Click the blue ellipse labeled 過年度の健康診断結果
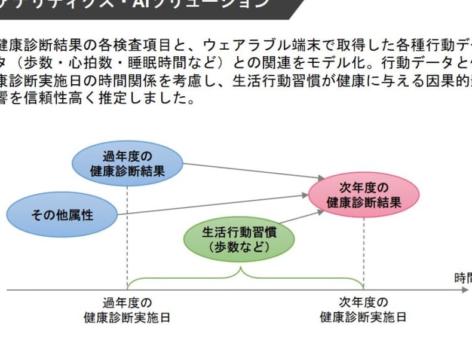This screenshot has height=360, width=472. [127, 163]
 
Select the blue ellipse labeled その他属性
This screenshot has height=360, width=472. [62, 215]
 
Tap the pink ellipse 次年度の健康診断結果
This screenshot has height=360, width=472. [364, 195]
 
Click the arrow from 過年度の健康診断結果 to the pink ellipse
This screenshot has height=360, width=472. [251, 170]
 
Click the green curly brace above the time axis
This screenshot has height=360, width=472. [241, 276]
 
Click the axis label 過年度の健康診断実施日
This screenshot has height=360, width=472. [127, 310]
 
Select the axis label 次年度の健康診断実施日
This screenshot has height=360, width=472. [363, 310]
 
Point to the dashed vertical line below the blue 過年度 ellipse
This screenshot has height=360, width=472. [127, 233]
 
